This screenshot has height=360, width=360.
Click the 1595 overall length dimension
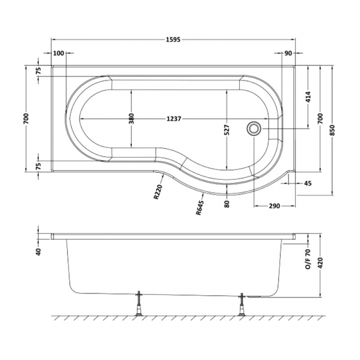pos(173,40)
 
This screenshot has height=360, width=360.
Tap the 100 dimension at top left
pos(58,53)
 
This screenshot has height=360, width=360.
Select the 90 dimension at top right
pos(288,53)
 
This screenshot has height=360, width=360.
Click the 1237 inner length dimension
pos(174,119)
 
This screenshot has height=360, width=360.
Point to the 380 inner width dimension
pos(131,119)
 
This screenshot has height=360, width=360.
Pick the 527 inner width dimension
pos(227,130)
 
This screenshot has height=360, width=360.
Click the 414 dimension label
pos(308,97)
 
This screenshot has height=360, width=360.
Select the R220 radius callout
pos(158,192)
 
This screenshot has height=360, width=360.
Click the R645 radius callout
pos(200,208)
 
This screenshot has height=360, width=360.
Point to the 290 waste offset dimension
pos(274,205)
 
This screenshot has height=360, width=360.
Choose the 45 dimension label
pos(308,183)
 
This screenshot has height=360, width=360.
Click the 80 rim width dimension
pos(227,204)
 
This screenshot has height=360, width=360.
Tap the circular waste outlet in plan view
pos(254,129)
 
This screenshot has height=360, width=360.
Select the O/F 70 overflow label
pos(308,259)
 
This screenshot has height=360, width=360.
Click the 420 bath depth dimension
pos(321,263)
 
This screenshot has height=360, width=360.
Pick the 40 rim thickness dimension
pos(38,251)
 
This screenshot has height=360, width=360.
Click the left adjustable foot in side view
pos(139,303)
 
